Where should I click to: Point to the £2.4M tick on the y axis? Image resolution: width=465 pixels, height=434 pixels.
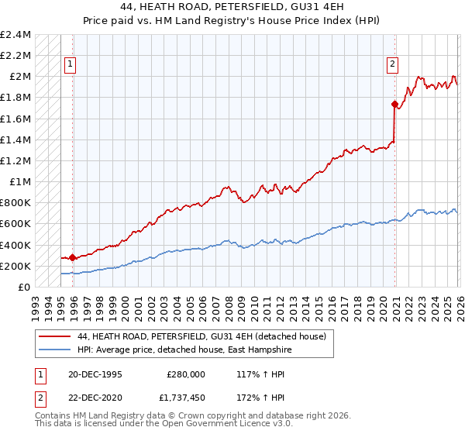15,35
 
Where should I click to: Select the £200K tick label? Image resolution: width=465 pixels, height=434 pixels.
15,266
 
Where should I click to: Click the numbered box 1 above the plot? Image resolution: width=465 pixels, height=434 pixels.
71,64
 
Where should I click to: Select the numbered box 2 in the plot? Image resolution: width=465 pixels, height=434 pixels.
393,64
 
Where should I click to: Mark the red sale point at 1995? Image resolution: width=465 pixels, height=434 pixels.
73,257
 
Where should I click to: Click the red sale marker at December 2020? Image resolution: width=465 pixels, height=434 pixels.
394,104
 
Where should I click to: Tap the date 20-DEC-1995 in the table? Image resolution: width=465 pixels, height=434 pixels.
95,374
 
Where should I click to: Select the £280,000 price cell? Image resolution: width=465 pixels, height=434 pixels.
185,374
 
